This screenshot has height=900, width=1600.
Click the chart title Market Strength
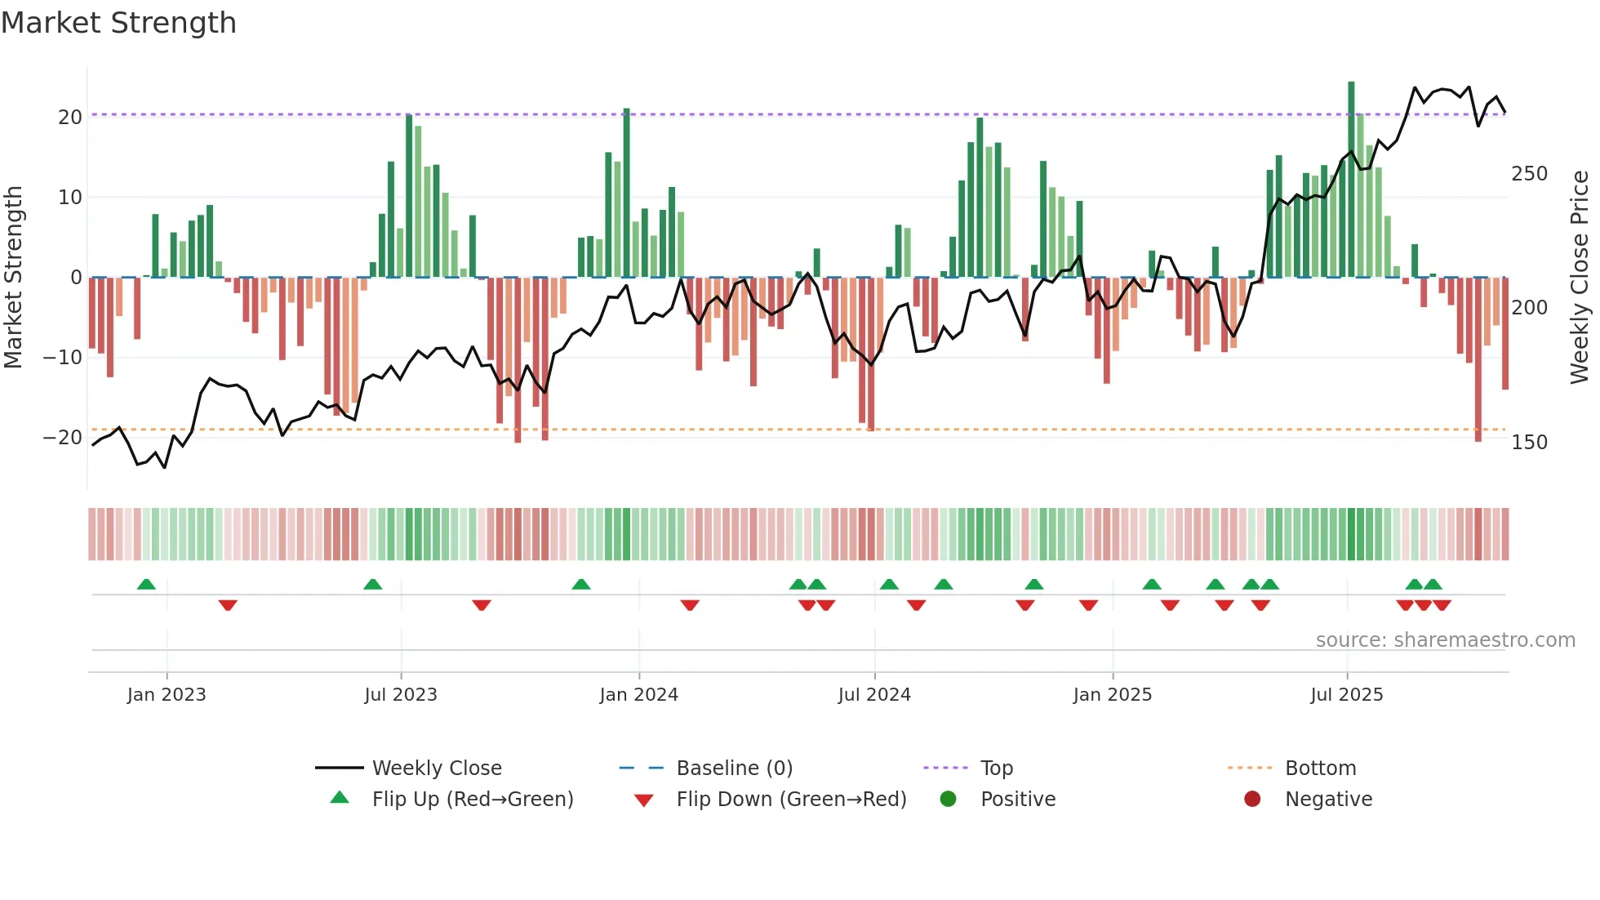[118, 23]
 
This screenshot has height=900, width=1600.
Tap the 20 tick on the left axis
[70, 117]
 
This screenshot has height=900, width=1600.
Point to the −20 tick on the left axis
[63, 437]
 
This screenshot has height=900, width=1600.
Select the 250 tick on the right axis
[1529, 174]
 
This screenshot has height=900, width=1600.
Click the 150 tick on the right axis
[1529, 442]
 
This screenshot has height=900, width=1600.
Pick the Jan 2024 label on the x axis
[638, 695]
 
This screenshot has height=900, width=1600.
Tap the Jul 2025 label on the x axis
[1346, 695]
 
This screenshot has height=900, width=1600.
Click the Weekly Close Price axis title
[1580, 278]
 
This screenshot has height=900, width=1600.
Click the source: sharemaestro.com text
[1445, 640]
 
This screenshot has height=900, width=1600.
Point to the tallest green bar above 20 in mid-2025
[1351, 180]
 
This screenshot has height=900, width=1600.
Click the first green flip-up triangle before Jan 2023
[146, 585]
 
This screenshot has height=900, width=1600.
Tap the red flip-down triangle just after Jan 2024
[690, 605]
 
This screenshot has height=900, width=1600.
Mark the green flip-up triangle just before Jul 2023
[372, 585]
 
